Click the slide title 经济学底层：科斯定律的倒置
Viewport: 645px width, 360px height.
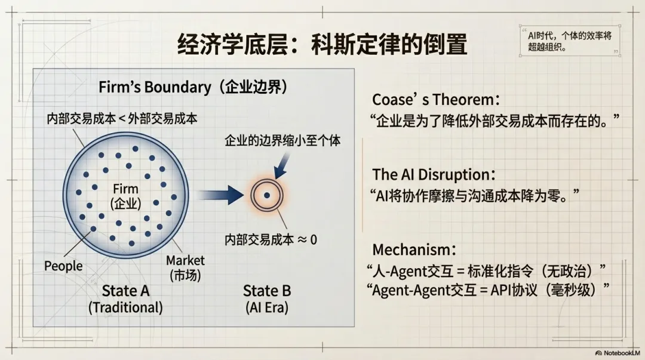coord(322,45)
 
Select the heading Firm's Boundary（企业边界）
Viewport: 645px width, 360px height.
coord(193,87)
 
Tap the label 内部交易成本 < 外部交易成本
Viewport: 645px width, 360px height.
coord(122,118)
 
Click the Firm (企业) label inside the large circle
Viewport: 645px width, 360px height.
coord(126,196)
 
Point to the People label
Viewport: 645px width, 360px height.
coord(63,266)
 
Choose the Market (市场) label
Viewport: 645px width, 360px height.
coord(185,268)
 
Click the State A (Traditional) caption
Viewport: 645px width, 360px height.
coord(125,299)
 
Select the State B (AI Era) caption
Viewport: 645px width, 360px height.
coord(267,299)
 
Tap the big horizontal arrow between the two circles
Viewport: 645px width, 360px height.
coord(220,195)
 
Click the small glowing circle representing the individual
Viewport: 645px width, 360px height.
coord(266,195)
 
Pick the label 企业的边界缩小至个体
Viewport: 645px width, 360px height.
coord(282,141)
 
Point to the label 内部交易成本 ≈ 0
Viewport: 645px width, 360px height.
coord(271,239)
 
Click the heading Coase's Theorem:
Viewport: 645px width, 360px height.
coord(437,99)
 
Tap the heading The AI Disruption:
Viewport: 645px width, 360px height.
coord(434,174)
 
